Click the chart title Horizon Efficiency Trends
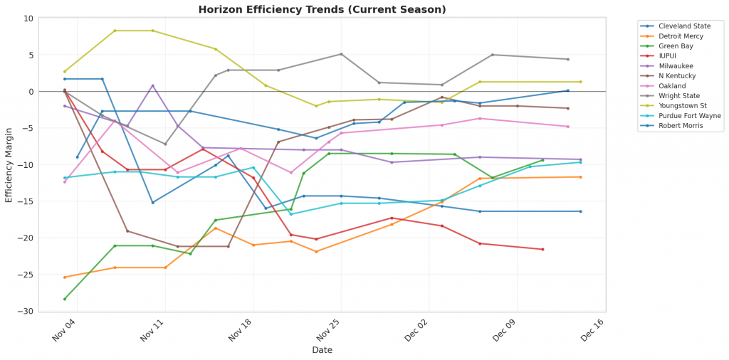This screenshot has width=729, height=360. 322,9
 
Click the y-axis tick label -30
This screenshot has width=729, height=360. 25,312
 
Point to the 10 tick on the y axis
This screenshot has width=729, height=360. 28,18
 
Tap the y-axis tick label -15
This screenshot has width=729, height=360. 25,201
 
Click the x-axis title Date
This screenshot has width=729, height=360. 322,350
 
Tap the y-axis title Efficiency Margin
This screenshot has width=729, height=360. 9,165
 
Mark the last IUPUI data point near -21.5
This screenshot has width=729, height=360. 542,249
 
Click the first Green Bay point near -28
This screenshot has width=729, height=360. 65,299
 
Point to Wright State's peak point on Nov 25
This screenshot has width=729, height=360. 341,54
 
